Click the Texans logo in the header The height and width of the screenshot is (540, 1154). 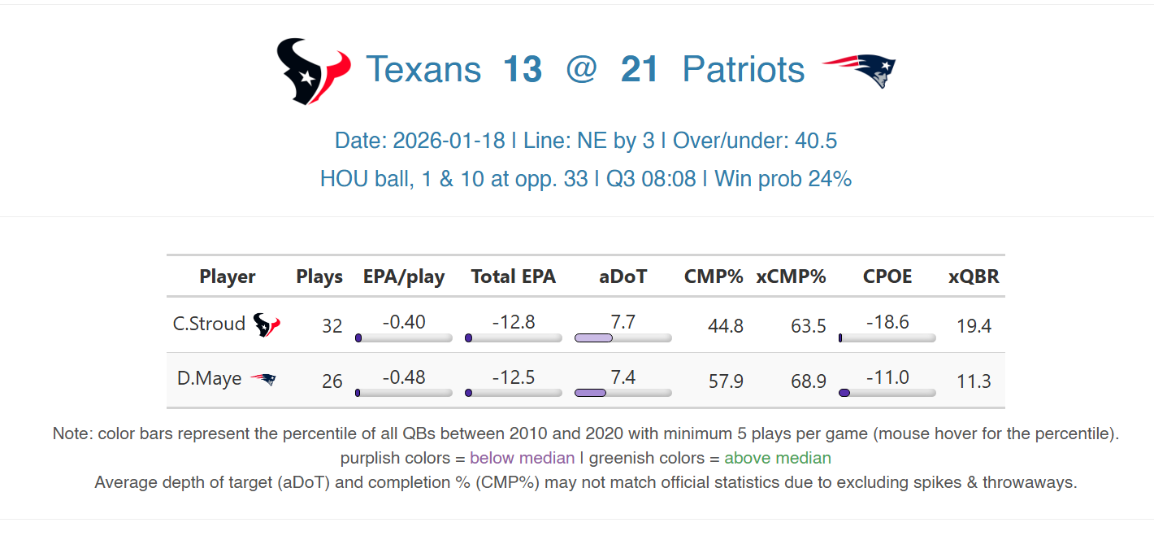pos(313,71)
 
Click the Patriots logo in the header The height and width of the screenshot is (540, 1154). pos(859,71)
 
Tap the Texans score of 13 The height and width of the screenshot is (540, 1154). pos(522,70)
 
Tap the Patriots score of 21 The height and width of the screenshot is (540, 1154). pos(640,70)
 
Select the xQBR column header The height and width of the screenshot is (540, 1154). pos(974,277)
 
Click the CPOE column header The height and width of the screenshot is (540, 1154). pos(887,277)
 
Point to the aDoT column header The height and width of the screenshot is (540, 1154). pos(623,277)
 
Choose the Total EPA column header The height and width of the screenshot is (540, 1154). pos(514,277)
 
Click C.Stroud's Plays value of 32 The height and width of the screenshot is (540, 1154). pos(332,326)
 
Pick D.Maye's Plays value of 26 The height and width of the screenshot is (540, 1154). pos(332,381)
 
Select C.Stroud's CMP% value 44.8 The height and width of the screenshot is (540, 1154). pos(726,326)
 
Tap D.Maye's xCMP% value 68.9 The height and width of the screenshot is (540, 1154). pos(809,381)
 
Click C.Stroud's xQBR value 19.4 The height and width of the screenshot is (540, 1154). pos(974,326)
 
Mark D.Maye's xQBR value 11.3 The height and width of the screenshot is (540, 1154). pos(974,381)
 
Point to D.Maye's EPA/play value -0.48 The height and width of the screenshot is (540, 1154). pos(404,377)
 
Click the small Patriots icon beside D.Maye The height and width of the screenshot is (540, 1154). pos(262,379)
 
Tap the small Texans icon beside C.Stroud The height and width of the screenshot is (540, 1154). pos(267,325)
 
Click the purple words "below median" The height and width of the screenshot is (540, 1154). pos(522,458)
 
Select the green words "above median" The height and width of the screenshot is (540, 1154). pos(778,458)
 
